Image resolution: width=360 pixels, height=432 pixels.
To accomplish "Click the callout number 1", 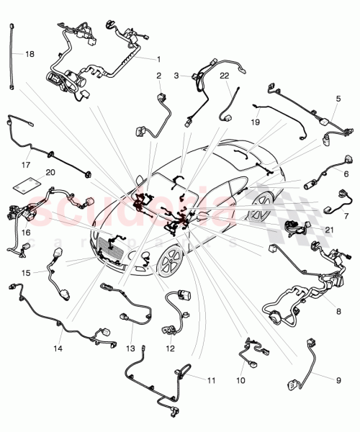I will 159,58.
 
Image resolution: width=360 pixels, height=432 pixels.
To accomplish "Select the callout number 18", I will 29,54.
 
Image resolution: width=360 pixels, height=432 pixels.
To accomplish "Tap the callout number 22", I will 224,76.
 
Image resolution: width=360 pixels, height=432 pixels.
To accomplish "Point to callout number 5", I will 338,98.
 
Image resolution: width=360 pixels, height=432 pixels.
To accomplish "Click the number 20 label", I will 50,172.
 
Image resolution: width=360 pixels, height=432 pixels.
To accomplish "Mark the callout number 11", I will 211,379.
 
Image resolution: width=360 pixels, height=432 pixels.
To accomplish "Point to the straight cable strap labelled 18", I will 13,57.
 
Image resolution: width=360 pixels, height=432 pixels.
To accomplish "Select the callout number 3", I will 176,76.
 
